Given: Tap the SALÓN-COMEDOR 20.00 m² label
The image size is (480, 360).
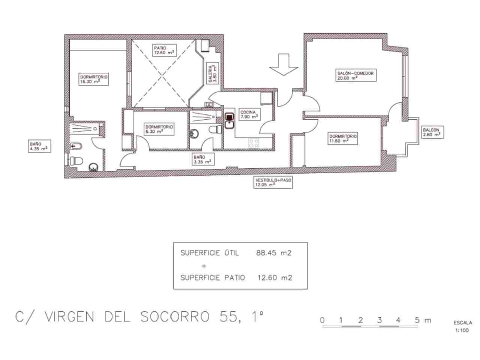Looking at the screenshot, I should pos(354,76).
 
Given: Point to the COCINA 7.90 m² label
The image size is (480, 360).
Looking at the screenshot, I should pos(249,114).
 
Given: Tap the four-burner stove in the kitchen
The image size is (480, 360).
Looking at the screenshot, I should pos(254,143).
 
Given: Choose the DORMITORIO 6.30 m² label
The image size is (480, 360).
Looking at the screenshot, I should pos(159,129).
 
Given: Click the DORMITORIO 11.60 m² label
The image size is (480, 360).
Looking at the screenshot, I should pos(343,138).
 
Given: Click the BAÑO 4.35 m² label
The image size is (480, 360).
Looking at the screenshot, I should pos(39,146).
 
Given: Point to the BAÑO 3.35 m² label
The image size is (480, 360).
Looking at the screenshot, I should pos(202,159).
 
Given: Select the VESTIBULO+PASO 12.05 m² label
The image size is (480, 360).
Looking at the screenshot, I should pos(273,182).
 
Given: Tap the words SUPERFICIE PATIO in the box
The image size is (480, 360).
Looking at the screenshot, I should pos(213,278).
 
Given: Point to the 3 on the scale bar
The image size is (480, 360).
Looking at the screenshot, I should pos(379,321).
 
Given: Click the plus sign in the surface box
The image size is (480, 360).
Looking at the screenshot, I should pos(204,266).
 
